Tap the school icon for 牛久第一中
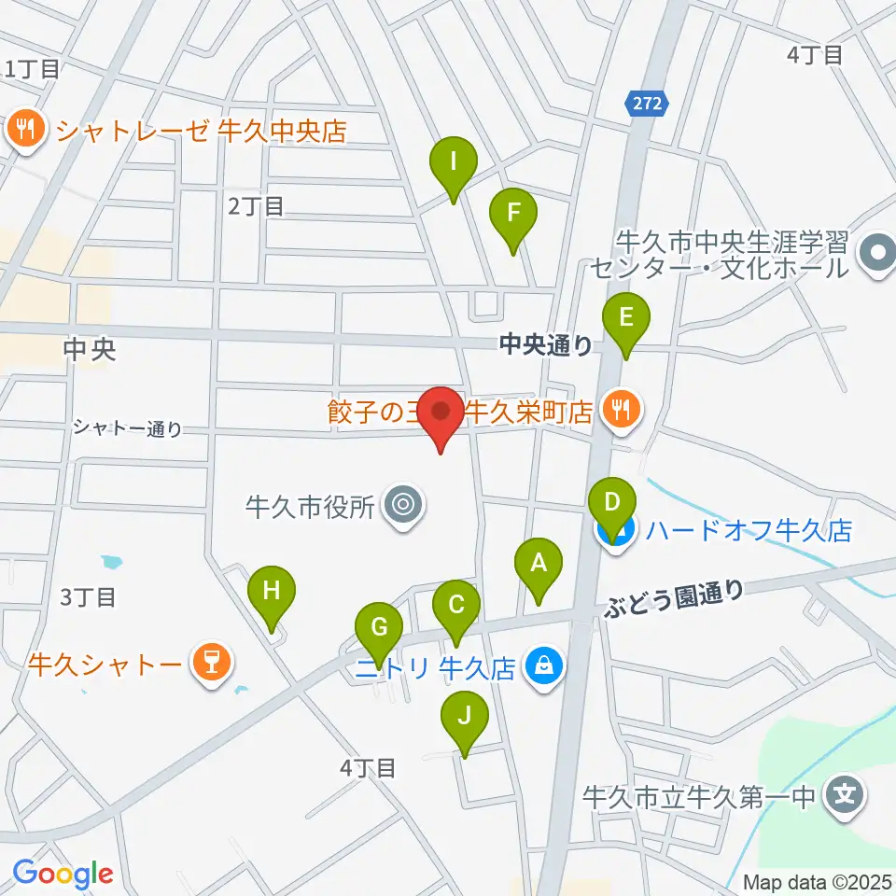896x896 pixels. (845, 796)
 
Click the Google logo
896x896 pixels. (63, 875)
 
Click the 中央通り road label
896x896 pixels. (546, 346)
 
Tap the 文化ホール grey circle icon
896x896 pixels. (877, 252)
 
